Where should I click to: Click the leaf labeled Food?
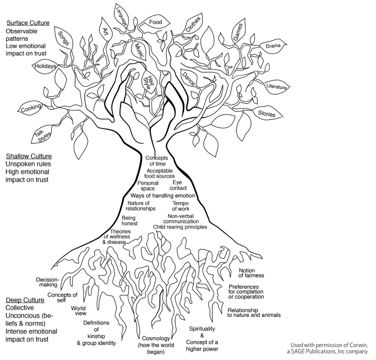pyautogui.click(x=155, y=22)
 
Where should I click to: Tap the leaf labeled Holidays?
pyautogui.click(x=45, y=66)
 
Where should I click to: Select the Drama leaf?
pyautogui.click(x=273, y=46)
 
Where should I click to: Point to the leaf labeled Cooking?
pyautogui.click(x=31, y=108)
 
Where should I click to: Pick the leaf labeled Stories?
pyautogui.click(x=266, y=114)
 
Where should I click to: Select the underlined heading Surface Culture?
pyautogui.click(x=28, y=23)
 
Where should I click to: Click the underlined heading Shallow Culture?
pyautogui.click(x=29, y=156)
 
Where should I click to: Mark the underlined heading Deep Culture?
pyautogui.click(x=25, y=300)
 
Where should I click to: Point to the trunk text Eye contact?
pyautogui.click(x=178, y=185)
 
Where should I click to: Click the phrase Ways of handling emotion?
pyautogui.click(x=163, y=196)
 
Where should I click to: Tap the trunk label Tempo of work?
pyautogui.click(x=180, y=206)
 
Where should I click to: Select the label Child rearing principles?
pyautogui.click(x=180, y=227)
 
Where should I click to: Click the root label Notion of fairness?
pyautogui.click(x=251, y=273)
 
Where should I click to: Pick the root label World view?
pyautogui.click(x=78, y=311)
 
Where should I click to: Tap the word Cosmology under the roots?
pyautogui.click(x=156, y=338)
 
